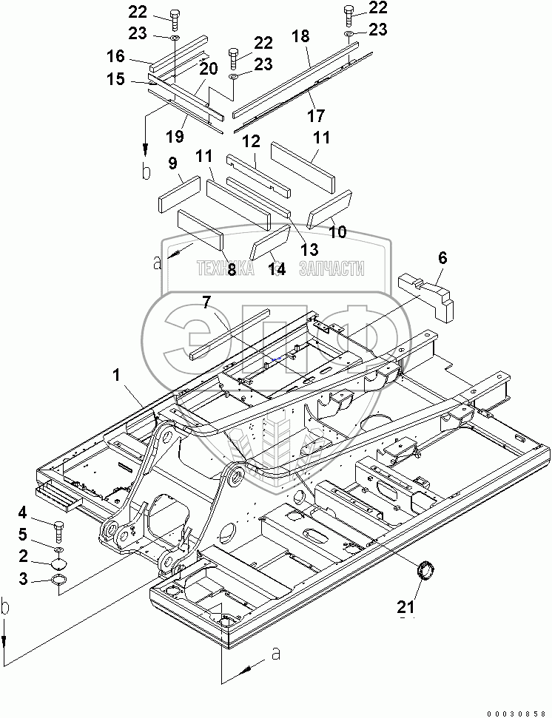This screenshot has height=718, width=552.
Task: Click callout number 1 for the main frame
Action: tap(116, 376)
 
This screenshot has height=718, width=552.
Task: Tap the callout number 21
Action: tap(406, 607)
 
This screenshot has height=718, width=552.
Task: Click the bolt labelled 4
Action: tap(59, 532)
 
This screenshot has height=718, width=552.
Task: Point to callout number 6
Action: tap(442, 258)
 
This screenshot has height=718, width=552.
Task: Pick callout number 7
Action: tap(206, 302)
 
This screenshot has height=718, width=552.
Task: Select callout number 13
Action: tap(309, 249)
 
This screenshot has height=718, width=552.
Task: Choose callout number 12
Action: tap(252, 141)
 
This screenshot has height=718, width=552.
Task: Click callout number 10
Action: tap(337, 231)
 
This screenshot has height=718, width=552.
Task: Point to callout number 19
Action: tap(175, 136)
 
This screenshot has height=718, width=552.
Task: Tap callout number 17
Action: tap(316, 116)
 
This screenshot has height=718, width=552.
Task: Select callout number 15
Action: tap(116, 79)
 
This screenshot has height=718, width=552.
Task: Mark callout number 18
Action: tap(300, 36)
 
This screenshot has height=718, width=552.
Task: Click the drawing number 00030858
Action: tap(516, 714)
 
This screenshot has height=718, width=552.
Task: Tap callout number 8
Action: tap(232, 269)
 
